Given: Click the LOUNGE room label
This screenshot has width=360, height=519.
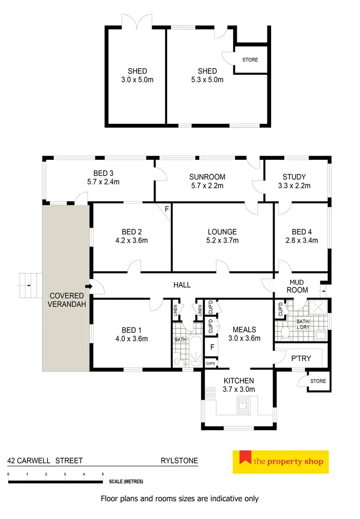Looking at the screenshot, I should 222,232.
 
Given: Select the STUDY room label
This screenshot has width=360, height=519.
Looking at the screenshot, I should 294,177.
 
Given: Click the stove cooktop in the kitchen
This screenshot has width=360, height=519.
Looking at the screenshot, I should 210,393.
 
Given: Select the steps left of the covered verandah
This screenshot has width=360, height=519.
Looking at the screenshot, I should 28,285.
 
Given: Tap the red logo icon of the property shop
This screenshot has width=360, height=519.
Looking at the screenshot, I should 246,459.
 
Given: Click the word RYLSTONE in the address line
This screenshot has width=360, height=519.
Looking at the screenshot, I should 179,460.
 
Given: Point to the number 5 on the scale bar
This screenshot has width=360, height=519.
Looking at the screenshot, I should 103,474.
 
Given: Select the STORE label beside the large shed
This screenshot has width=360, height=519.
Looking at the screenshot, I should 250,60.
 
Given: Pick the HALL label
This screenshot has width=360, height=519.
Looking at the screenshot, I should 182,285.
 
